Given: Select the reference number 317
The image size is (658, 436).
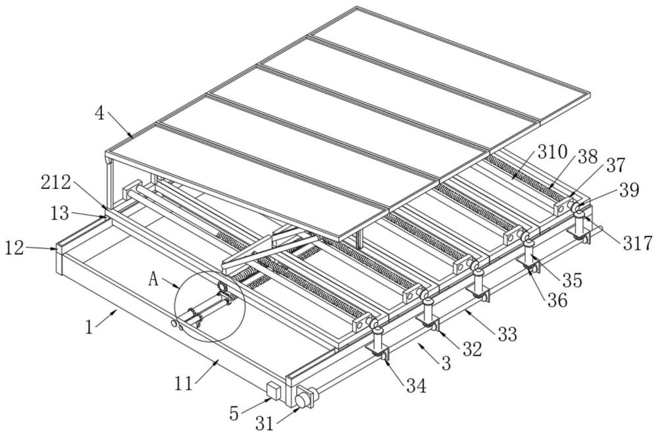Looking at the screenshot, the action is [x=638, y=243].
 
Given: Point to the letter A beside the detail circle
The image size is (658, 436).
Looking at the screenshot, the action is [x=154, y=279].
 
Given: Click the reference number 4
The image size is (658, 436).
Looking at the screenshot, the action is [x=99, y=113].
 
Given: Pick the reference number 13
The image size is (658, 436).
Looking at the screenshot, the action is [x=60, y=213].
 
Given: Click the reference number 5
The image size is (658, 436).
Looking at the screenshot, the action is [x=234, y=414].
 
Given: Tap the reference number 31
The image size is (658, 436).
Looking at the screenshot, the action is [x=265, y=423].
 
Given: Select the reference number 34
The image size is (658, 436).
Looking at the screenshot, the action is [x=416, y=386].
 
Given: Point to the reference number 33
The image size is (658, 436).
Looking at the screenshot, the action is [x=507, y=335].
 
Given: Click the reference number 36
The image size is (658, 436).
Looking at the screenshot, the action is [x=557, y=300].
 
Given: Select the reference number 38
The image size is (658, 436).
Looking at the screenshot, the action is [x=587, y=157].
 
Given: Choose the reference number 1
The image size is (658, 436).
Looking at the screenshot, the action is [x=89, y=327].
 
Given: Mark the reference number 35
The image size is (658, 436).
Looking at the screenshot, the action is [x=572, y=280].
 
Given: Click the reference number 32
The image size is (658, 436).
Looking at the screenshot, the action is [x=472, y=350].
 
